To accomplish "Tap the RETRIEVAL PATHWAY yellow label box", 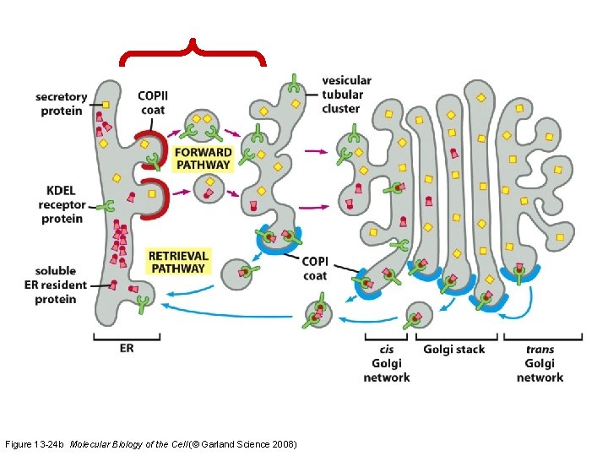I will (177, 261).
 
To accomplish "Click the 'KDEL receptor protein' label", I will (62, 205).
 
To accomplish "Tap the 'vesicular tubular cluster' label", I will (346, 94).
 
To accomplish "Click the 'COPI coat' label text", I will (314, 269).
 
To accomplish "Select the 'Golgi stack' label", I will (454, 349).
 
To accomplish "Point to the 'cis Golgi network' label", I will (387, 363).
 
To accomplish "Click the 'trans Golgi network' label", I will (540, 363).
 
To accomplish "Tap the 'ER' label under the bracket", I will (126, 347).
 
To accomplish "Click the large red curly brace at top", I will (193, 52).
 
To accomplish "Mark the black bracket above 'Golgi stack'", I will (453, 337).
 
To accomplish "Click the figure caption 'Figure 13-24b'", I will (35, 443).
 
